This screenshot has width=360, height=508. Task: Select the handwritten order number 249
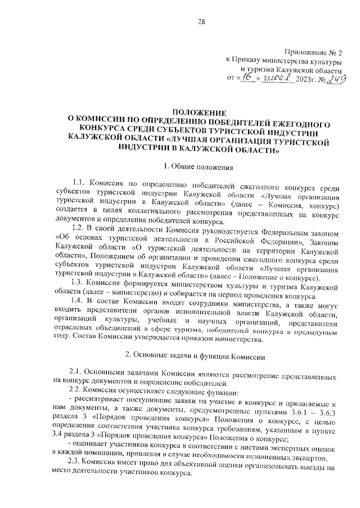tap(335, 79)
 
